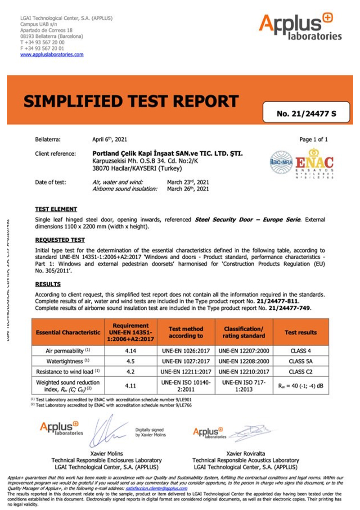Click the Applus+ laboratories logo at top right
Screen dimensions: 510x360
coord(300,27)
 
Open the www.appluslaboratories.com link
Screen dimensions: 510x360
coord(52,54)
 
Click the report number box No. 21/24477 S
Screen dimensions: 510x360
coord(306,113)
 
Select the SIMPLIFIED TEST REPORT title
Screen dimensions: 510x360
coord(130,101)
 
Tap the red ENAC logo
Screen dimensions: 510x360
coord(314,162)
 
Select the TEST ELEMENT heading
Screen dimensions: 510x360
coord(56,209)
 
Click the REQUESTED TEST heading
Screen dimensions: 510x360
coord(60,240)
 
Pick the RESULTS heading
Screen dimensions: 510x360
coord(48,284)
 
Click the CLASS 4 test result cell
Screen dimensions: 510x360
coord(300,351)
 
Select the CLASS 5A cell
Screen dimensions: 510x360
coord(300,361)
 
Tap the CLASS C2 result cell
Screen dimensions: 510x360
coord(300,372)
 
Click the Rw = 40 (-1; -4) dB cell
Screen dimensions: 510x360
coord(300,385)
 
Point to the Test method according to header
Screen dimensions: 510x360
coord(186,332)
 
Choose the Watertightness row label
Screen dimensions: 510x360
coord(68,361)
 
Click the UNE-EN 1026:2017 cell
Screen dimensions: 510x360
coord(186,351)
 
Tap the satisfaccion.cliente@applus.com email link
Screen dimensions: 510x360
coord(156,488)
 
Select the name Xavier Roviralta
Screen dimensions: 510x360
coord(245,454)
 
